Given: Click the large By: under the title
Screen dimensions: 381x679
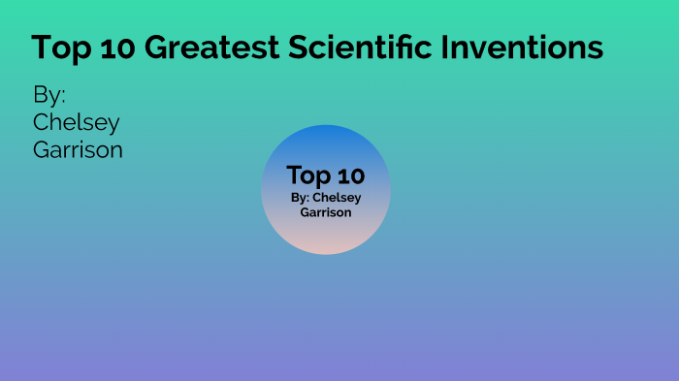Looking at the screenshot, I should [x=48, y=97].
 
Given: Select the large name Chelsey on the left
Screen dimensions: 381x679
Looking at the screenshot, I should [x=77, y=123].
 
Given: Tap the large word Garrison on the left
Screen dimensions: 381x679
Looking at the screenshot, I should [x=78, y=149].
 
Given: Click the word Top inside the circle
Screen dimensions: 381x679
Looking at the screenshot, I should [x=308, y=176].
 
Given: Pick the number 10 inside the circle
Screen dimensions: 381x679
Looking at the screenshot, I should [x=350, y=175].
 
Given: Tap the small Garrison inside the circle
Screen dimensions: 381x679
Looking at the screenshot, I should [x=326, y=212].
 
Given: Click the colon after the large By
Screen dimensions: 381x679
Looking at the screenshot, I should [x=63, y=99].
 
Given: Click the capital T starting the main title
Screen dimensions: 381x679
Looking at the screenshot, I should [x=42, y=48].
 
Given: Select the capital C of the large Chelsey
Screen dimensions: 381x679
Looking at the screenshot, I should [x=42, y=123].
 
